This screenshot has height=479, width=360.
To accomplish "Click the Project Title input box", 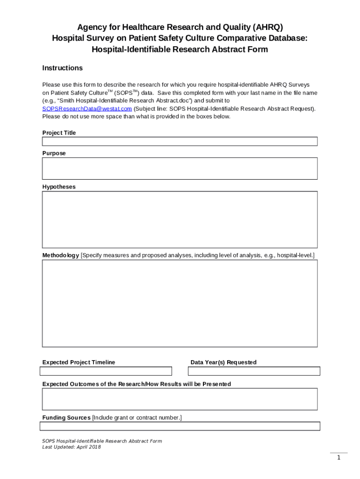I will pyautogui.click(x=180, y=141).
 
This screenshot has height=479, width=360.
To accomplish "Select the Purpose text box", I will pyautogui.click(x=180, y=168).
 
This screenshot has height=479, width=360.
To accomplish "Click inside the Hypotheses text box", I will pyautogui.click(x=180, y=219).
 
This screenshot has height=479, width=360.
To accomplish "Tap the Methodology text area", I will pyautogui.click(x=180, y=303).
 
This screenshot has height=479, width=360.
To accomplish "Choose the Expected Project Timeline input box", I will pyautogui.click(x=106, y=371).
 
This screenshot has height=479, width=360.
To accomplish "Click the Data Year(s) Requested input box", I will pyautogui.click(x=254, y=371).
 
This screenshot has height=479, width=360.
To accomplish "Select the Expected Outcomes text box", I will pyautogui.click(x=180, y=399).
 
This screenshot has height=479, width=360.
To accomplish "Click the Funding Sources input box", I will pyautogui.click(x=180, y=426).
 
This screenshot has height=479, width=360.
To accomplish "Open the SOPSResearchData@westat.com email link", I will pyautogui.click(x=87, y=109).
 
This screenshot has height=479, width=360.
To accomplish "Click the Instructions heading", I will pyautogui.click(x=62, y=68).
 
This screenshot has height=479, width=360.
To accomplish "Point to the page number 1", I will pyautogui.click(x=338, y=457).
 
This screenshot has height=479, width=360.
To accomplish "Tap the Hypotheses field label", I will pyautogui.click(x=59, y=187).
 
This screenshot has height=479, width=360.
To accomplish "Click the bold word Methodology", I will pyautogui.click(x=61, y=255).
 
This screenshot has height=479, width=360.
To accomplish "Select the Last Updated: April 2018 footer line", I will pyautogui.click(x=71, y=447).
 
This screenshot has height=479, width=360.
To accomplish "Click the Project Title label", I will pyautogui.click(x=59, y=133).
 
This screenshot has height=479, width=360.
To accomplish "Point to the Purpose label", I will pyautogui.click(x=54, y=153).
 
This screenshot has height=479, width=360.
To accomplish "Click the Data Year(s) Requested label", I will pyautogui.click(x=223, y=362).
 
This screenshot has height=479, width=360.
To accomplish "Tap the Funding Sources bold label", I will pyautogui.click(x=66, y=417).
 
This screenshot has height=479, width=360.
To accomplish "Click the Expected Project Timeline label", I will pyautogui.click(x=79, y=362).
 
